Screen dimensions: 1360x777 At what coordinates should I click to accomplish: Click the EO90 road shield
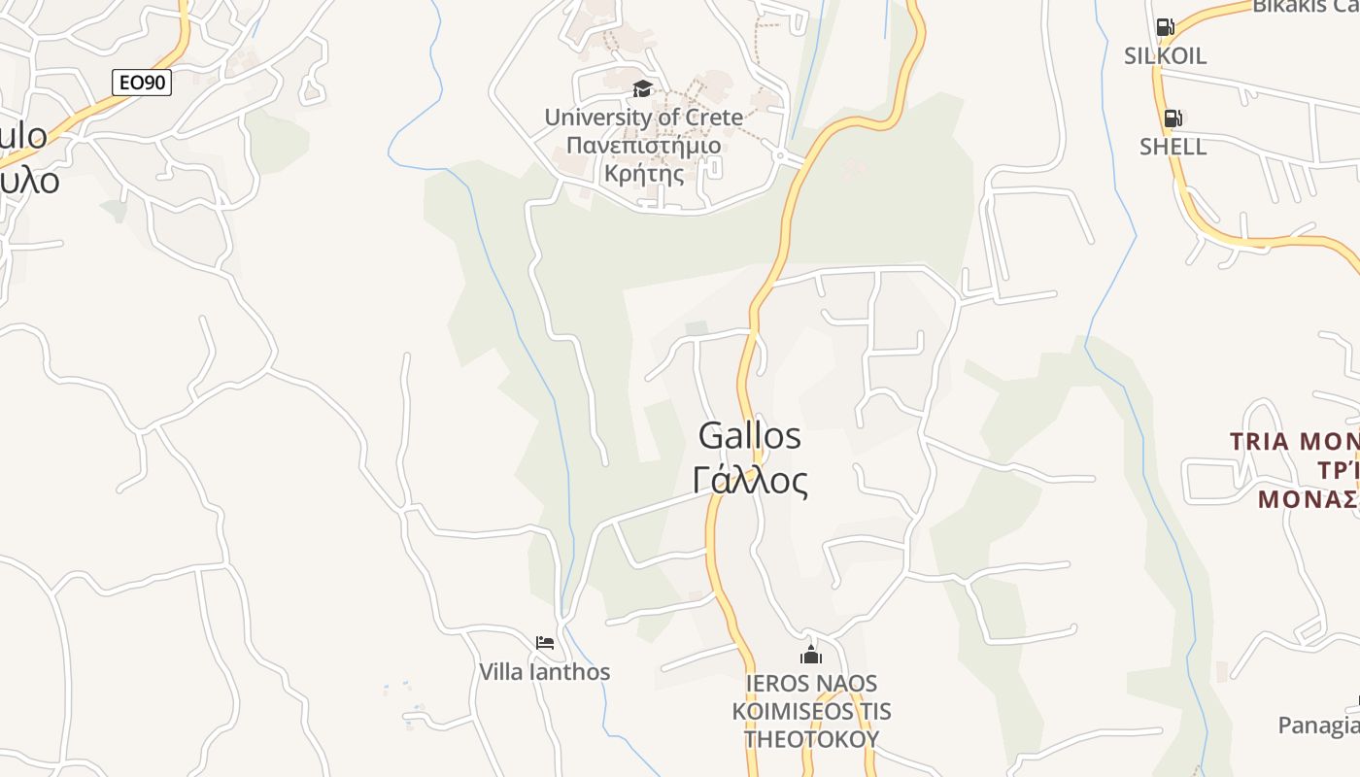[142, 83]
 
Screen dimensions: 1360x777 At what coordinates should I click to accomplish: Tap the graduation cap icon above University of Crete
[642, 89]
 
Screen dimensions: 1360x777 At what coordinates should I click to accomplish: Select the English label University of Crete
[643, 118]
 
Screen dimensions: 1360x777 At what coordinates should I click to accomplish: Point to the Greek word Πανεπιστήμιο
[643, 146]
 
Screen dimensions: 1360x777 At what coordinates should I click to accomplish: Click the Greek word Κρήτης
[643, 174]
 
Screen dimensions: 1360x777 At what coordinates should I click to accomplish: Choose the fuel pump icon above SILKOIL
[1165, 27]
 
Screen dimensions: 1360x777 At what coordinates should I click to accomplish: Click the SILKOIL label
[1165, 56]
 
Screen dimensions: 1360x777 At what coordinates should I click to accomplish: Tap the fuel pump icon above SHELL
[1173, 118]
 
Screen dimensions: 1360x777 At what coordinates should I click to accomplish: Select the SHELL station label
[1173, 147]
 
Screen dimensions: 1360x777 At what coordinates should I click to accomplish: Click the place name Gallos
[750, 436]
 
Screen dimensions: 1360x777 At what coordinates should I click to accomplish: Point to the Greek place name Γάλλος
[750, 480]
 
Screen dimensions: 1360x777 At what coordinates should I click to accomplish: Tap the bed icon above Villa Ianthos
[544, 643]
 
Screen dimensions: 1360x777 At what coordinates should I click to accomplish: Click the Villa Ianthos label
[544, 672]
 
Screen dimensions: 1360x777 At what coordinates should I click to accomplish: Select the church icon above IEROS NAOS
[811, 655]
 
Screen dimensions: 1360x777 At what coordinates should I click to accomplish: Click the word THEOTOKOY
[811, 738]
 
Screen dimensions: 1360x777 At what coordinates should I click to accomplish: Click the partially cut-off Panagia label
[1318, 726]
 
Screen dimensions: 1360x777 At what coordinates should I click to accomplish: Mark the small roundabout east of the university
[779, 153]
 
